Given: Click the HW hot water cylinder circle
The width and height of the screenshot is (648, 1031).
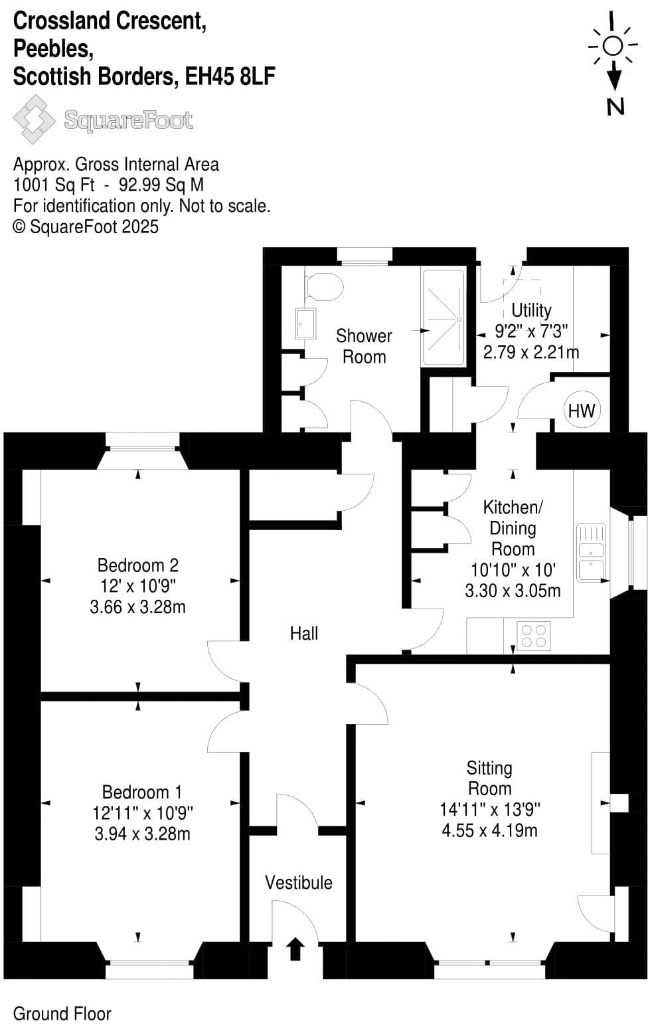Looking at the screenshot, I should click(x=582, y=411).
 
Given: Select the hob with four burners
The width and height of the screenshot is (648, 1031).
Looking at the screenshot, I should click(x=533, y=634).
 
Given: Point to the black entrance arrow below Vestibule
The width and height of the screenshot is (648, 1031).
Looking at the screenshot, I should click(x=295, y=949).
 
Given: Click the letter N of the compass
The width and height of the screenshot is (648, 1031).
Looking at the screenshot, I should click(x=615, y=106).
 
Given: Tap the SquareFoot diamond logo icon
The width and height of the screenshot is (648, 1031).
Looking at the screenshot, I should click(x=34, y=120).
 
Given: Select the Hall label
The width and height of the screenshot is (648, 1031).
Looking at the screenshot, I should click(x=303, y=634).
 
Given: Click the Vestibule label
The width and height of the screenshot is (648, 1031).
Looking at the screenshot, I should click(x=298, y=882).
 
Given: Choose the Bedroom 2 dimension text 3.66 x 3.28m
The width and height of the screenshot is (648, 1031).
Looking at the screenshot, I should click(x=137, y=607).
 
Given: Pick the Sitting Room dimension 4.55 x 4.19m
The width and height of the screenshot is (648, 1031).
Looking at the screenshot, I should click(x=489, y=830).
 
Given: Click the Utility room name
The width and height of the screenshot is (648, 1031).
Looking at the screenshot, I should click(x=531, y=310).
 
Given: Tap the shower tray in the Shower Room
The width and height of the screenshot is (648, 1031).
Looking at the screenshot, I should click(x=443, y=317).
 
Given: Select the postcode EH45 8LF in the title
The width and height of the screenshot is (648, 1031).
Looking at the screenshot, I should click(x=230, y=77).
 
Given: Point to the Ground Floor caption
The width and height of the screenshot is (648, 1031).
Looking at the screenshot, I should click(x=62, y=1014).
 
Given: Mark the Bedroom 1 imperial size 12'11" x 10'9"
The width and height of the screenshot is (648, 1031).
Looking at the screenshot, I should click(x=142, y=812).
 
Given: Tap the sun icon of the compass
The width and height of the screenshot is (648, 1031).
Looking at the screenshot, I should click(x=613, y=45).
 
